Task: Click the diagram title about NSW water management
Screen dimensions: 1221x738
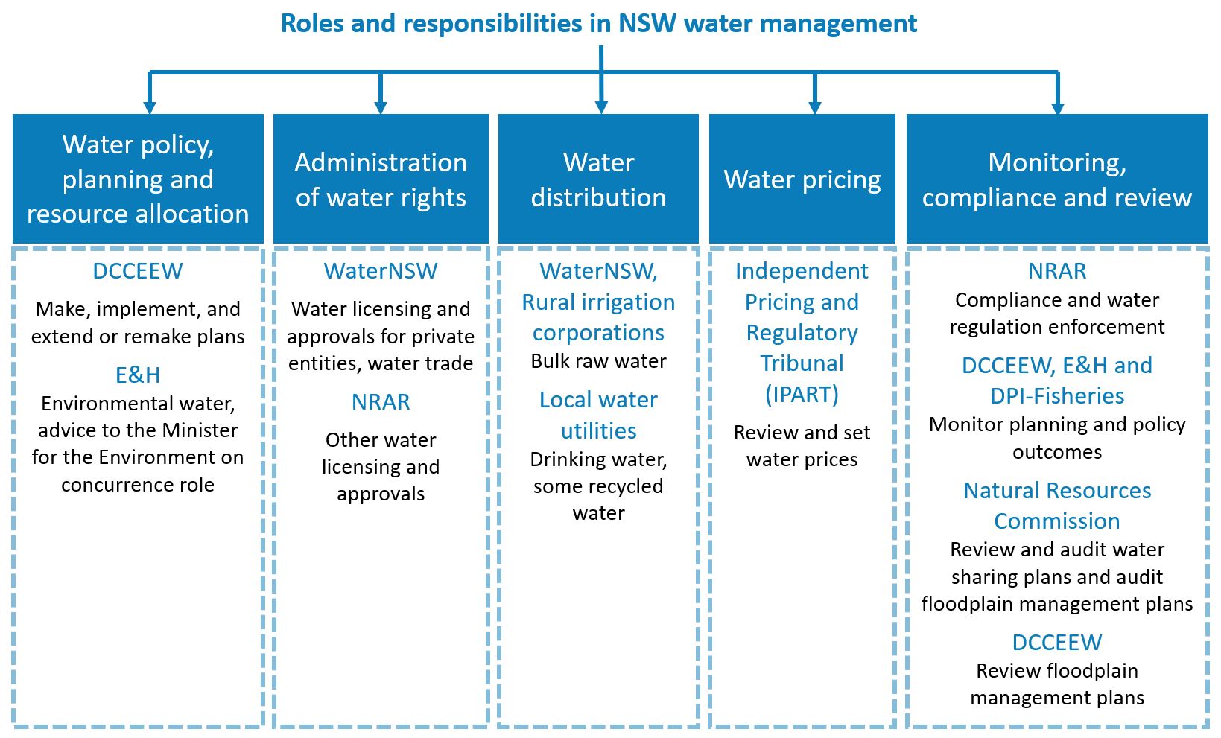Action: [x=598, y=23]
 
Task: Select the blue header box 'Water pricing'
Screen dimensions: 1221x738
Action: [x=802, y=178]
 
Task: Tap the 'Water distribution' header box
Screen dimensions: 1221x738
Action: [x=598, y=178]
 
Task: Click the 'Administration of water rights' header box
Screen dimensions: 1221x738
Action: [x=381, y=178]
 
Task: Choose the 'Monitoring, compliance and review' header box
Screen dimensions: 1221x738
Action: [x=1057, y=178]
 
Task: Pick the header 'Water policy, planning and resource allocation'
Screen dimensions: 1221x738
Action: [x=138, y=178]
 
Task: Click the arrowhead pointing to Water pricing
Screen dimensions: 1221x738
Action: [x=815, y=106]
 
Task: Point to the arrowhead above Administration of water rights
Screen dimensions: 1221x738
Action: [x=381, y=106]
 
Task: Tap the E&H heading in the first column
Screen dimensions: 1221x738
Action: [x=138, y=375]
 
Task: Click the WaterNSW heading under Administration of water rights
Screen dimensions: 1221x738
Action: [x=381, y=271]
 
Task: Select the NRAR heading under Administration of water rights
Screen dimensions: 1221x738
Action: [x=381, y=401]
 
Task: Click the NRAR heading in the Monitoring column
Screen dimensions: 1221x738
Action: [x=1057, y=271]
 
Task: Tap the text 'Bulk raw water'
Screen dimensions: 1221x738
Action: [x=598, y=361]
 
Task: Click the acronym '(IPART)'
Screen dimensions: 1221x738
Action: [x=802, y=394]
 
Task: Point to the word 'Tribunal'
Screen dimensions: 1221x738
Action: [x=802, y=363]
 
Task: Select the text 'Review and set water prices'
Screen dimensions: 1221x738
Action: [x=802, y=446]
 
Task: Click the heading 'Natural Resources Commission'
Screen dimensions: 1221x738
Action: [x=1057, y=506]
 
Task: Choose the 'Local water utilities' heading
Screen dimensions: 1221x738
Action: [x=598, y=416]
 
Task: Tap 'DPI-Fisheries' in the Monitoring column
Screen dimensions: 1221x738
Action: [x=1057, y=396]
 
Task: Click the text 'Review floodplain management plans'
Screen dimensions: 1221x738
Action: [x=1057, y=684]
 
